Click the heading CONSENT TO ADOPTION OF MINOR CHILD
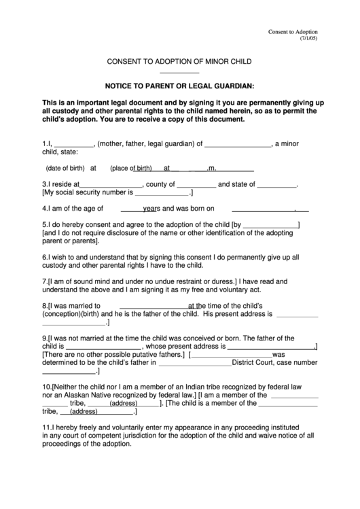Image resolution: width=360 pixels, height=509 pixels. pyautogui.click(x=179, y=62)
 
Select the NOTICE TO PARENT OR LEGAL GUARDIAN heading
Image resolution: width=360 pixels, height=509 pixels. pyautogui.click(x=179, y=86)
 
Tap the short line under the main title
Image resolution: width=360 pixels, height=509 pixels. pyautogui.click(x=179, y=73)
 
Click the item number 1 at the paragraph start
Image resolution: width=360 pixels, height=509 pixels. pyautogui.click(x=44, y=144)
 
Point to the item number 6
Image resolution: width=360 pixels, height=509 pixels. pyautogui.click(x=44, y=258)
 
